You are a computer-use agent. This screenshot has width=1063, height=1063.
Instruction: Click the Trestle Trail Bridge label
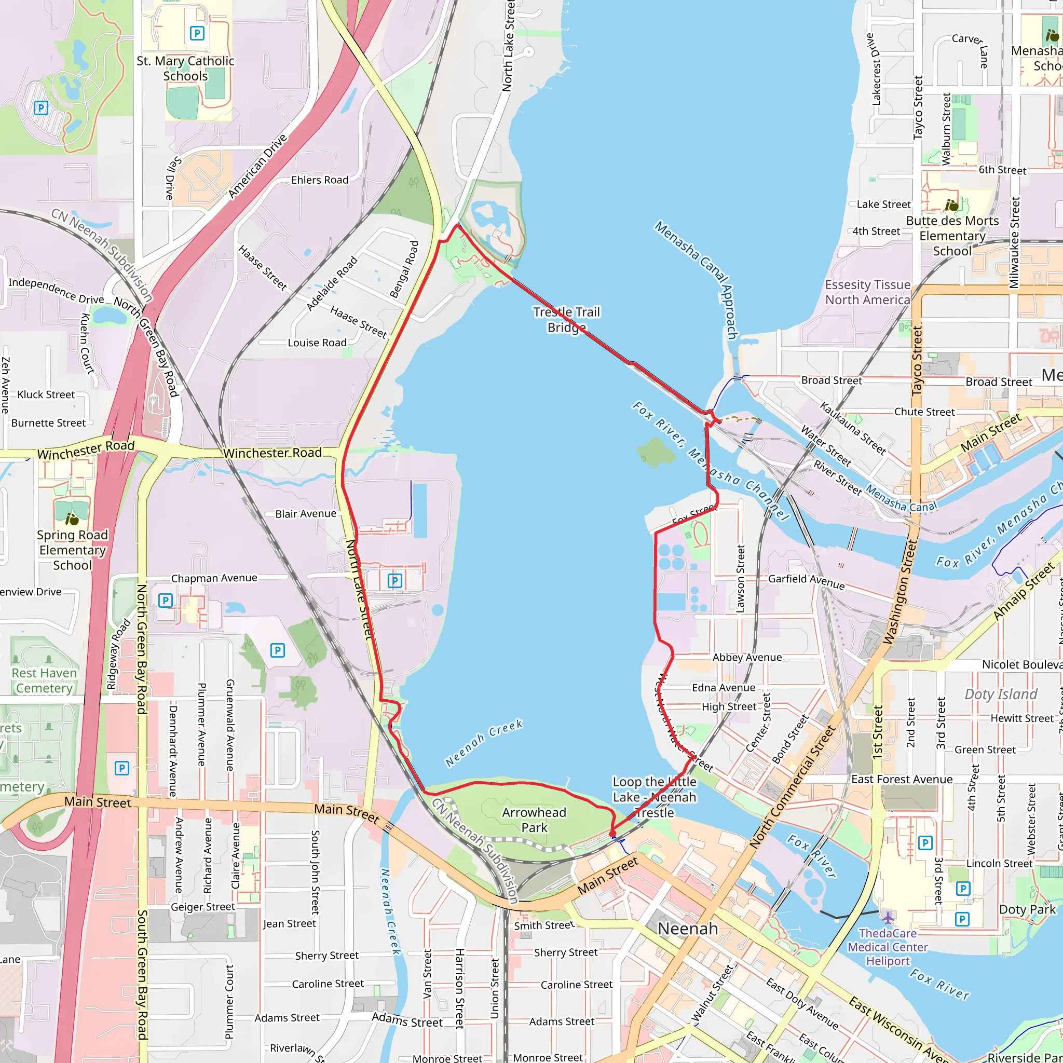coord(566,320)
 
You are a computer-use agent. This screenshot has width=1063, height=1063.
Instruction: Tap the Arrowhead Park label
coord(534,820)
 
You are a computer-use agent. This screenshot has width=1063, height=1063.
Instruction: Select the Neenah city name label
coord(688,929)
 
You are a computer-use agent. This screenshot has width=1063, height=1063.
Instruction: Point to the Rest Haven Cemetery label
coord(44,680)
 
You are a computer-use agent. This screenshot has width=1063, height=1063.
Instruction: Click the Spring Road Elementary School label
coord(72,550)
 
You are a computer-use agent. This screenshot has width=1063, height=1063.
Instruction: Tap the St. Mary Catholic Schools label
coord(185,68)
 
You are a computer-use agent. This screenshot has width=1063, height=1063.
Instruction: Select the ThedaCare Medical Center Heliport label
coord(888,947)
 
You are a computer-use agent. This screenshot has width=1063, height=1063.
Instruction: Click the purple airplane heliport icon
coord(888,918)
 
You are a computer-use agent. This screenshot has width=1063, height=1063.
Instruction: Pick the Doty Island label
coord(1001,694)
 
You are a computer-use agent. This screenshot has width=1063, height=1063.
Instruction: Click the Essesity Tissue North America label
coord(867,292)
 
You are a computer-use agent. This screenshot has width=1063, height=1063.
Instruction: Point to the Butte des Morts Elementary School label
coord(952,236)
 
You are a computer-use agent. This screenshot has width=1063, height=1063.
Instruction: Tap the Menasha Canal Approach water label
coord(697,280)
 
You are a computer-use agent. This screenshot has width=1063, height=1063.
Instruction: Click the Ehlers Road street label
coord(320,180)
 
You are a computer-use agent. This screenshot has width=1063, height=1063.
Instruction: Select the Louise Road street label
coord(317,343)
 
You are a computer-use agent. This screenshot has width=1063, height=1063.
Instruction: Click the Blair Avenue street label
coord(305,513)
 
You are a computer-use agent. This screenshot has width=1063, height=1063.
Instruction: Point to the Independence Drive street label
coord(56,290)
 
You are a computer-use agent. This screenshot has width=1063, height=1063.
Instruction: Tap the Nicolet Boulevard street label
coord(1021,665)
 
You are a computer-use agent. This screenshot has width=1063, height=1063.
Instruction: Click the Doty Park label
coord(1027,909)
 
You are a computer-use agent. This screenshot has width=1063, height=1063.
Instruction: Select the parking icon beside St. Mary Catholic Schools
coord(197,33)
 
